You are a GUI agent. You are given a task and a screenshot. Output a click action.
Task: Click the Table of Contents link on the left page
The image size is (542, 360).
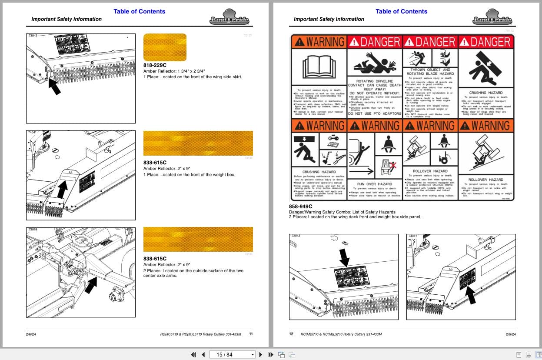point(139,11)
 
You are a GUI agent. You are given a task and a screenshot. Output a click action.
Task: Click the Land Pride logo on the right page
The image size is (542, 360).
point(492,17)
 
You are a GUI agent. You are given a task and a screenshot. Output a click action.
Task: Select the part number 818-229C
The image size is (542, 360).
point(155,65)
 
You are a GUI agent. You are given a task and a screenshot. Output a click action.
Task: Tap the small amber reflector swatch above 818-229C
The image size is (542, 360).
point(165,47)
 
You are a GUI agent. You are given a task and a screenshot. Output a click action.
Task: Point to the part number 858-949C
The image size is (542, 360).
point(301,207)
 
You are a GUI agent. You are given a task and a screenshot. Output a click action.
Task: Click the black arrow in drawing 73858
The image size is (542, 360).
point(91,286)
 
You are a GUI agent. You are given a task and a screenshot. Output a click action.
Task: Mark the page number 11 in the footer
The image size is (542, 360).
point(251,334)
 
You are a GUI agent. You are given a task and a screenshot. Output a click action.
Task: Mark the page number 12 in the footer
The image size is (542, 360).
point(291,334)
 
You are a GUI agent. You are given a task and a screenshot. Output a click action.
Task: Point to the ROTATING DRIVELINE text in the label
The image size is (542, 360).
point(374,81)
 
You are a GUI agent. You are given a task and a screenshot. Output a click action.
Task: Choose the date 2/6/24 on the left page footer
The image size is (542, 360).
point(31,334)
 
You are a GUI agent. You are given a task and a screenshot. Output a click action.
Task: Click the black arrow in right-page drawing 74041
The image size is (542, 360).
point(470,296)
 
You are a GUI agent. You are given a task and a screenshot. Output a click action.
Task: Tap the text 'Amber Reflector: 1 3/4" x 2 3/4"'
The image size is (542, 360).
point(174,71)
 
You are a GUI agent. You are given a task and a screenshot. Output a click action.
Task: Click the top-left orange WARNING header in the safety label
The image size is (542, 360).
point(318,42)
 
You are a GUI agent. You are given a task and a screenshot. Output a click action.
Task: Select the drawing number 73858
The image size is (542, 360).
point(33,229)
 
